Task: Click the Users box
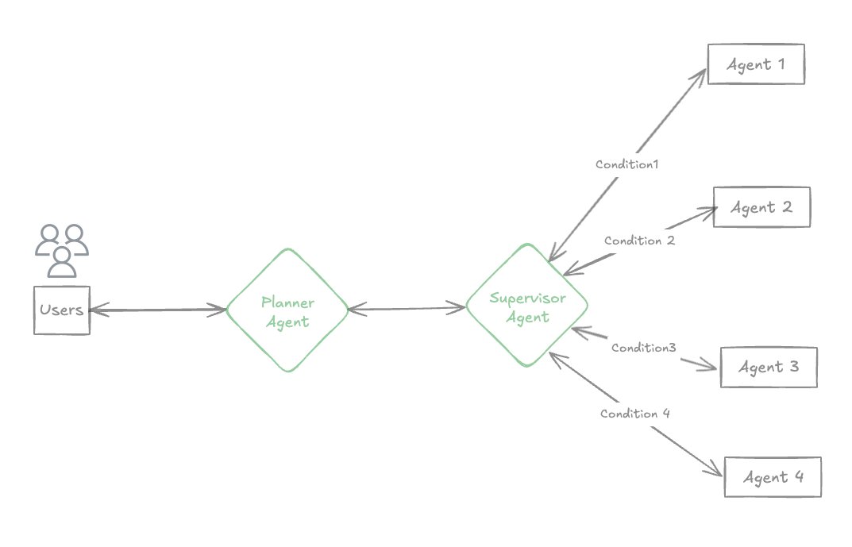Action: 61,310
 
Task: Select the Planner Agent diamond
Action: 287,310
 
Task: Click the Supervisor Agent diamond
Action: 527,306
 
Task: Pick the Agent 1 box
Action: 755,64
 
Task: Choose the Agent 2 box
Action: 761,208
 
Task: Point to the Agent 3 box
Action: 768,367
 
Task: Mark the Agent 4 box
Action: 772,477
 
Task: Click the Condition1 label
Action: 628,165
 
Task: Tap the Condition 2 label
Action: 639,240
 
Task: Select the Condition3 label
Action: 643,348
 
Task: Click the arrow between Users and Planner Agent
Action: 159,309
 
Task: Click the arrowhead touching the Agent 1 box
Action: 700,74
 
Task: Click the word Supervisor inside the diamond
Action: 527,299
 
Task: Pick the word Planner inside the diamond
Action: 287,302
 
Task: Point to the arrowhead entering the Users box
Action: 97,309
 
